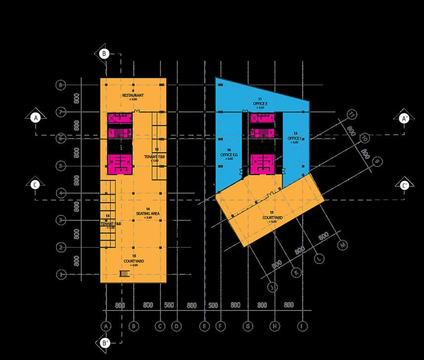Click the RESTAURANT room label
coord(133,95)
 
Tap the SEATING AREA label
coord(148,213)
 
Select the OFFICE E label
coord(260,103)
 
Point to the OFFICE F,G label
coord(229,155)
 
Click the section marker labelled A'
coord(404,118)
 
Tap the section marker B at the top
coord(105,53)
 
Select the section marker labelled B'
coord(105,343)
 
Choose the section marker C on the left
coord(35,184)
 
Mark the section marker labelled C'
coord(404,185)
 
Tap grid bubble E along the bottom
coord(204,326)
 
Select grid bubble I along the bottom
coord(301,326)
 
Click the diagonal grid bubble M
coord(342,245)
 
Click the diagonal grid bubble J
coord(272,287)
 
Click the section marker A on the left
coord(35,118)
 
